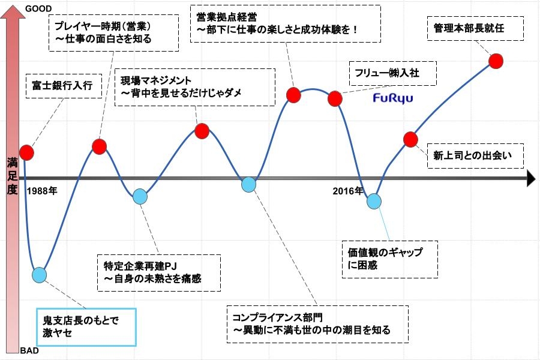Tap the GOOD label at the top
tap(39, 8)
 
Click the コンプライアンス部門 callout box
tap(317, 323)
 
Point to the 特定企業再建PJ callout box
tap(158, 272)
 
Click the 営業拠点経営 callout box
tap(285, 23)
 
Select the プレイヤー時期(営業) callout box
tap(113, 33)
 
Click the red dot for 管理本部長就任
tap(496, 61)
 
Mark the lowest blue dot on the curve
tap(39, 275)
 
